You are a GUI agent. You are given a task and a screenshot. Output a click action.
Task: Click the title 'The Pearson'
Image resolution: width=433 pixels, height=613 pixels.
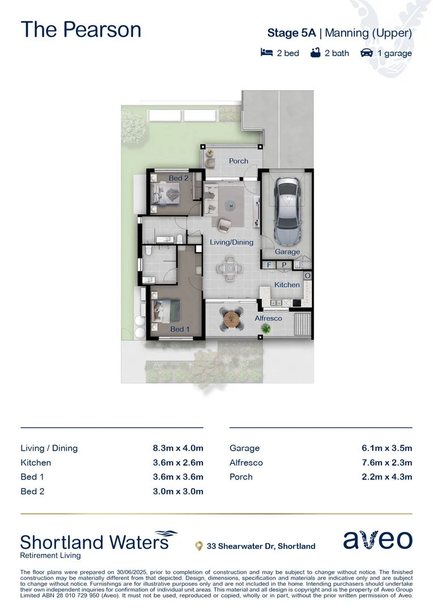80,30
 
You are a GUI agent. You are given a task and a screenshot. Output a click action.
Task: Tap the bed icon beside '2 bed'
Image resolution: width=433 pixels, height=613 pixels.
266,53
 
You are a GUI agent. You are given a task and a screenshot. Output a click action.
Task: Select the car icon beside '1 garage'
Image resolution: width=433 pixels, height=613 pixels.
367,53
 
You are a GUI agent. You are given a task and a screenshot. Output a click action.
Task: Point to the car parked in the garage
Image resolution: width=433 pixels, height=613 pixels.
287,209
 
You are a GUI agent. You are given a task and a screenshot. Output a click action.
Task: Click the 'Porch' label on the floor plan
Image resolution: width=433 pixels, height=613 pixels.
238,161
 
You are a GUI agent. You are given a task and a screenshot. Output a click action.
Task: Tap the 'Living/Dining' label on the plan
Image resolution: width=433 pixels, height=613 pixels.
231,242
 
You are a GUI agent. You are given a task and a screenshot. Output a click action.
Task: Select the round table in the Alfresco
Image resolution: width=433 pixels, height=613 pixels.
232,321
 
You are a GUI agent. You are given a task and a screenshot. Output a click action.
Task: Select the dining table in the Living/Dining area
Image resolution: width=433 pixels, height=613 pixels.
230,268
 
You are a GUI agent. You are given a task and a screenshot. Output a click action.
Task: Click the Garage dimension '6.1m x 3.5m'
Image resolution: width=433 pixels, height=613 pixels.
387,448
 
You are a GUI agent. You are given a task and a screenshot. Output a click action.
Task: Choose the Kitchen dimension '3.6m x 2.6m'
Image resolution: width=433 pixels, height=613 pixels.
178,463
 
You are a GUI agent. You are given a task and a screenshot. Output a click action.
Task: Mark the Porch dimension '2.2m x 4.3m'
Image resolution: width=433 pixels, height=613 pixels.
387,477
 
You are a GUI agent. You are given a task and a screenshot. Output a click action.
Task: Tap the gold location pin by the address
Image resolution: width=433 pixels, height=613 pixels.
199,546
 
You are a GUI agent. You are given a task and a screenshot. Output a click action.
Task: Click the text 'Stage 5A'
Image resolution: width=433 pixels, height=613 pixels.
291,33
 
